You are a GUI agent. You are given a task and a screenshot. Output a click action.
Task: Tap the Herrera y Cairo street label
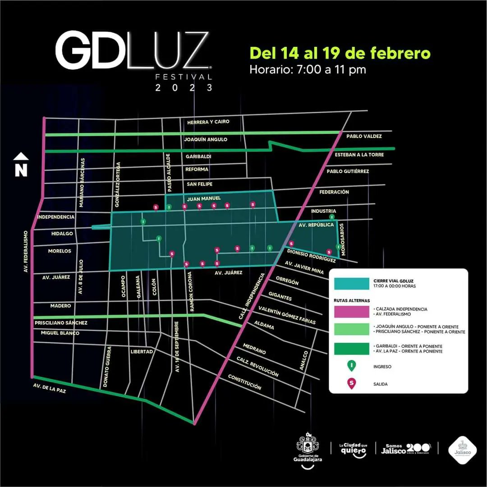coord(208,122)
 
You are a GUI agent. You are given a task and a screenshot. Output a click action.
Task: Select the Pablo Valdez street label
coord(364,136)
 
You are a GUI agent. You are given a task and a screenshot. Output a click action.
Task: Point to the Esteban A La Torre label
coord(359,155)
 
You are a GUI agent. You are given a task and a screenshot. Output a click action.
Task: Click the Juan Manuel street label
coord(204,198)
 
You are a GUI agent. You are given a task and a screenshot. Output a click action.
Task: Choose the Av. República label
coord(316,225)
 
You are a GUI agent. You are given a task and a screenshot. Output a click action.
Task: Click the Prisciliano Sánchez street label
coord(61,323)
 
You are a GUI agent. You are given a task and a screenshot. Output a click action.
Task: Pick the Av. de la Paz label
coord(50,388)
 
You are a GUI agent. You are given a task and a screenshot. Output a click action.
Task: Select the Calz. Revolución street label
coord(257,366)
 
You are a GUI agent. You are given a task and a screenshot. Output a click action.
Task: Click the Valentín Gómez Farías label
coord(287,315)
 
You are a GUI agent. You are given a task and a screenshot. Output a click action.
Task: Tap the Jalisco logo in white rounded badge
coord(460,448)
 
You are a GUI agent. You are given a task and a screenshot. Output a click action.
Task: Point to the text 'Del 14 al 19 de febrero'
coord(340,53)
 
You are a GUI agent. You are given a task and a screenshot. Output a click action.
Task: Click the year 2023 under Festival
coord(184,88)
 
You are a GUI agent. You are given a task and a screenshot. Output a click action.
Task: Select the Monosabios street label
coord(343,240)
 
